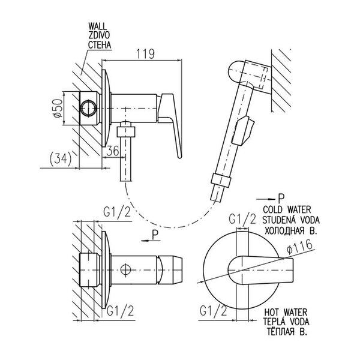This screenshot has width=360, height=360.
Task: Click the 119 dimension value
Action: click(146, 54)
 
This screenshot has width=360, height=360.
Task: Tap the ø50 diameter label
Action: click(58, 109)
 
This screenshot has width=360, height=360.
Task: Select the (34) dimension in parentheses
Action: click(61, 158)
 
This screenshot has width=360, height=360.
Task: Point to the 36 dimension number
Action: click(113, 151)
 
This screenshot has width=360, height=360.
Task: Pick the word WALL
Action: click(98, 26)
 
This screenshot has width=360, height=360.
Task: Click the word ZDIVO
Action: click(99, 35)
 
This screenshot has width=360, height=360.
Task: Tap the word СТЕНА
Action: click(100, 45)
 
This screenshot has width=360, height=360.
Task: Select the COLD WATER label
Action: click(287, 209)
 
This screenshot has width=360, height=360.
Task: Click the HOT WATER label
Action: click(286, 312)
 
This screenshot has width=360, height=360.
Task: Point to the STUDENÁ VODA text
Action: click(291, 220)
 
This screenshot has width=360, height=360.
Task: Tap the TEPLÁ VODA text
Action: click(286, 322)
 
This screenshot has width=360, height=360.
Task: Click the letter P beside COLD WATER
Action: click(281, 199)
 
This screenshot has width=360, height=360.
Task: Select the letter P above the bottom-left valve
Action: click(155, 235)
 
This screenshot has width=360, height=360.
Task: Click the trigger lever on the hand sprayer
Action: click(243, 130)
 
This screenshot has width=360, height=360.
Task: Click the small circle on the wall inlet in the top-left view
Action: click(88, 109)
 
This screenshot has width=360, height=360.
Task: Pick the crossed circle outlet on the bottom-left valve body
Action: click(126, 269)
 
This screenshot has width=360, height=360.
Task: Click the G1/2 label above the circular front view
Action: click(242, 219)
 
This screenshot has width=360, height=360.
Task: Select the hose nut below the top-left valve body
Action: click(125, 132)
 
